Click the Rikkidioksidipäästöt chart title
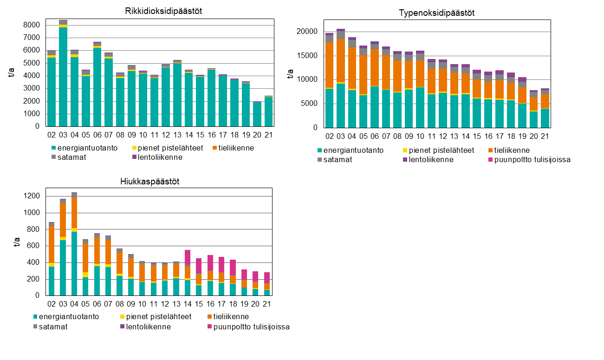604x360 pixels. click(x=157, y=11)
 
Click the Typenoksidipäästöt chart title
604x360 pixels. click(x=436, y=13)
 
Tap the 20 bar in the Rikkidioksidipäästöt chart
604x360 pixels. click(x=257, y=114)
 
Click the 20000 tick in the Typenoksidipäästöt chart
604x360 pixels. click(x=307, y=32)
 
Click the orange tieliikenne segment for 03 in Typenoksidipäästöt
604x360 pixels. click(x=341, y=60)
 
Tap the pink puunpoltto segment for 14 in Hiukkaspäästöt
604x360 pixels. click(x=188, y=257)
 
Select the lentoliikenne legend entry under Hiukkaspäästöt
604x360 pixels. click(x=146, y=327)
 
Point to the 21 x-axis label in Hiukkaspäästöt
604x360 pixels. click(x=266, y=304)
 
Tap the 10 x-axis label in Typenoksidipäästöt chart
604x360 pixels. click(x=420, y=136)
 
